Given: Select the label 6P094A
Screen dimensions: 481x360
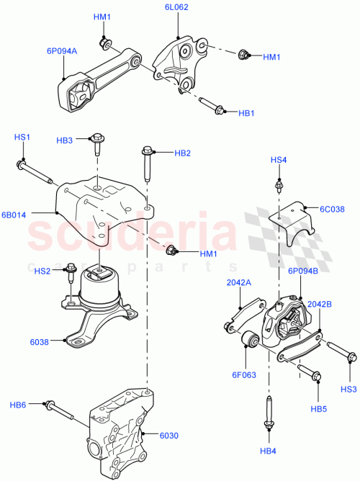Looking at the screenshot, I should (63, 51).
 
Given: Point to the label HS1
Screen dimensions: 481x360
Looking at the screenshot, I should (22, 137).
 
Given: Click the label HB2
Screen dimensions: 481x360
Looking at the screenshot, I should (182, 153).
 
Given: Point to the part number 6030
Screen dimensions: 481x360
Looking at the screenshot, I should (168, 434).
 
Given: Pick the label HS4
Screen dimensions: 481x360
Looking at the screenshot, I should (279, 159).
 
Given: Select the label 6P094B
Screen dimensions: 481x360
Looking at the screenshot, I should (302, 272).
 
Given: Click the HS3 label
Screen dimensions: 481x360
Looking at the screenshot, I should (348, 390).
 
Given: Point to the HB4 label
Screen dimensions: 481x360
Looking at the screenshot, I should (269, 452).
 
